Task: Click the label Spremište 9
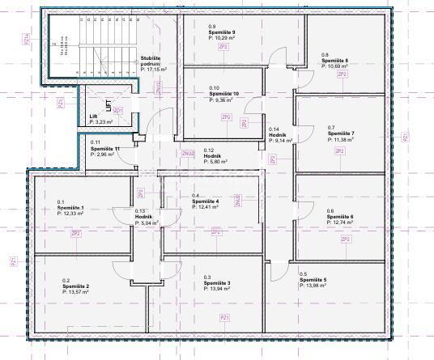tap(223, 32)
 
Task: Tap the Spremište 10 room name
tap(225, 94)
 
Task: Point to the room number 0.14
tap(274, 129)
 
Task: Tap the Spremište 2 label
tap(77, 287)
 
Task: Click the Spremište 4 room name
tap(206, 201)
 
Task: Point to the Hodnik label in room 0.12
tap(212, 156)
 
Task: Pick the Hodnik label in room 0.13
tap(144, 217)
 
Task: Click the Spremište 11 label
tap(106, 148)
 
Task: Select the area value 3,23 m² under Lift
tap(102, 122)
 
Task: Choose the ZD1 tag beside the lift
tap(118, 110)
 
